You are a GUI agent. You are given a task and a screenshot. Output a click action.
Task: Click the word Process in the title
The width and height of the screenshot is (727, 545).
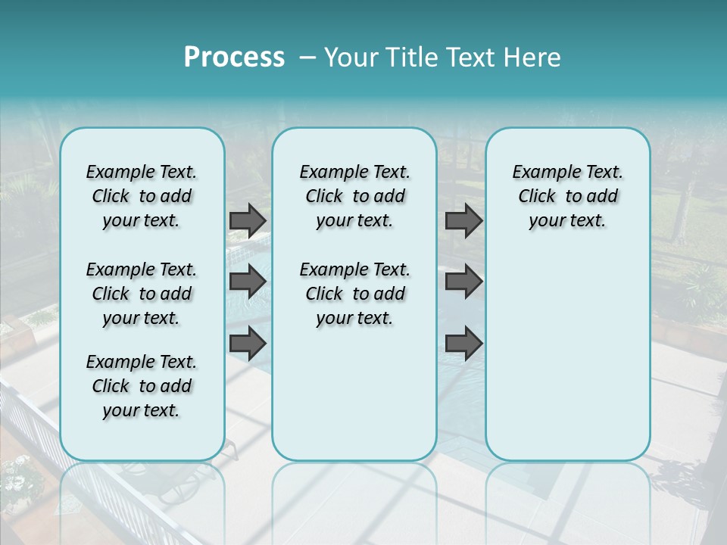coord(234,57)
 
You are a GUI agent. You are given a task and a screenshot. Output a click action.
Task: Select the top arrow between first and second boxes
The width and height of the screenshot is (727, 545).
coord(248,220)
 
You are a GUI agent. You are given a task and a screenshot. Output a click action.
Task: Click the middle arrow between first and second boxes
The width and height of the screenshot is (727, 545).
coord(248,282)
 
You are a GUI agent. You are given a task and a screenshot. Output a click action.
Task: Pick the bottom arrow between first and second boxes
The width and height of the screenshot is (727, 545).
coord(248,343)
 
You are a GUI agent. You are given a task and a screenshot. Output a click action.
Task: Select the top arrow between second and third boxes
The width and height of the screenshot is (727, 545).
coord(463,220)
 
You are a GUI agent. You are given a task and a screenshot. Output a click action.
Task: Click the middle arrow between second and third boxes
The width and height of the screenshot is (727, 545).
coord(463,282)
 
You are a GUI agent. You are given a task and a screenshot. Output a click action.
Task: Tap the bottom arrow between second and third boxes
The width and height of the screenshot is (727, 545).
coord(463,343)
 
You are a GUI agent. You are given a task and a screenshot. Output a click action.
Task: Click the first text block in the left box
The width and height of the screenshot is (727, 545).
coord(142,196)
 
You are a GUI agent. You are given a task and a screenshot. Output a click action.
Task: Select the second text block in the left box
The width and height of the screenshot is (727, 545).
coord(142,294)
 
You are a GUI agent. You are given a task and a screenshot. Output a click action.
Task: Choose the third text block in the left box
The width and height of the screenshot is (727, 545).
coord(142,386)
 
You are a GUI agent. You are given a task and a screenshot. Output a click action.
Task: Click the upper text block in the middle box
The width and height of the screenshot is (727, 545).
coord(354,196)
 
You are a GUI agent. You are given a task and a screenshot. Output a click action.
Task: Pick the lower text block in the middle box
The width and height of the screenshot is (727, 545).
coord(354,294)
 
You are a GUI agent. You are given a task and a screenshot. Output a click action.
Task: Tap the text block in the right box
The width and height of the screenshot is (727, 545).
coord(567,196)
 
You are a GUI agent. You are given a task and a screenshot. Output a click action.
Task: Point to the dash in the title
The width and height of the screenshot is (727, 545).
coord(307,58)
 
